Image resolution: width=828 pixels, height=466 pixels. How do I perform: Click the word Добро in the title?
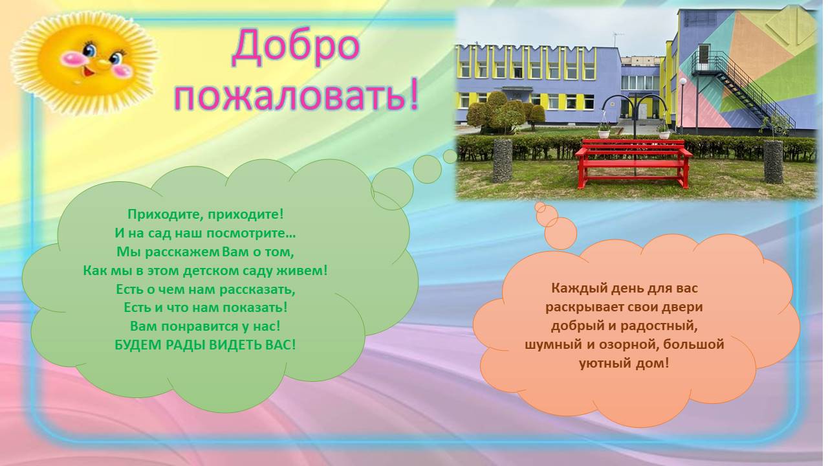[x=296, y=48]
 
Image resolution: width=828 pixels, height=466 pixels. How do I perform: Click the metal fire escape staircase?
[x=743, y=88]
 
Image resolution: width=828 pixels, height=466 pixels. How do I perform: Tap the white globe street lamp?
[x=682, y=82]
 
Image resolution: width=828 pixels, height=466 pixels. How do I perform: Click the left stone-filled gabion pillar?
[x=503, y=161]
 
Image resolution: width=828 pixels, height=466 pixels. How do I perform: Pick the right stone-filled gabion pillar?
[x=774, y=162]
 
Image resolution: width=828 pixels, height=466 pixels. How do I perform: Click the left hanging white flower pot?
[x=604, y=131]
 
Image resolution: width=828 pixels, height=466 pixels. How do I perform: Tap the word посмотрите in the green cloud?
[x=251, y=234]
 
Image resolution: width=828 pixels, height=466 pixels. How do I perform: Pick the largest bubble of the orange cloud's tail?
[x=560, y=234]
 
